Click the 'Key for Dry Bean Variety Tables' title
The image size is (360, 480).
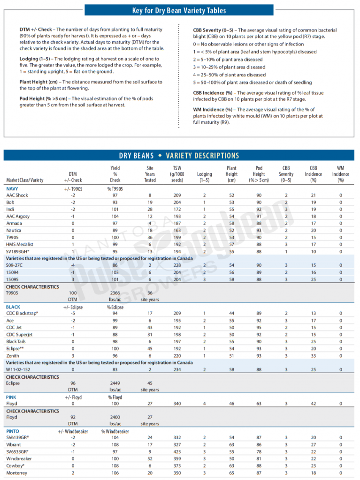coord(179,10)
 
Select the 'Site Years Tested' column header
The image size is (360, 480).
coord(150,174)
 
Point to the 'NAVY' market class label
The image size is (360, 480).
coord(12,189)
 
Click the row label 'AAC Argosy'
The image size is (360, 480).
coord(17,217)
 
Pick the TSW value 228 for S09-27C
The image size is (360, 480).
coord(177,265)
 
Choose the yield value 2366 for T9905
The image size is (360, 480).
coord(115,293)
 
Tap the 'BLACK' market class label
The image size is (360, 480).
coord(13,307)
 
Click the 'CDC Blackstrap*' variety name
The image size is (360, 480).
coord(22,313)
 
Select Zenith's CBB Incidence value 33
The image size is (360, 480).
coord(313,356)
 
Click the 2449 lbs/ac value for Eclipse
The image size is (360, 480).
coord(115,383)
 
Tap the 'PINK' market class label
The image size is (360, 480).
coord(11,397)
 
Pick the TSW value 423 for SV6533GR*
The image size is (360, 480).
coord(177,451)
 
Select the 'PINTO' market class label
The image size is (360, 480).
coord(13,431)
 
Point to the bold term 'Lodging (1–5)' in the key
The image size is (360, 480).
coord(35,59)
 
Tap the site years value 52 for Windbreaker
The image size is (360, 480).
coord(150,458)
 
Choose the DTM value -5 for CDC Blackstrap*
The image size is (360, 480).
coord(73,313)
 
